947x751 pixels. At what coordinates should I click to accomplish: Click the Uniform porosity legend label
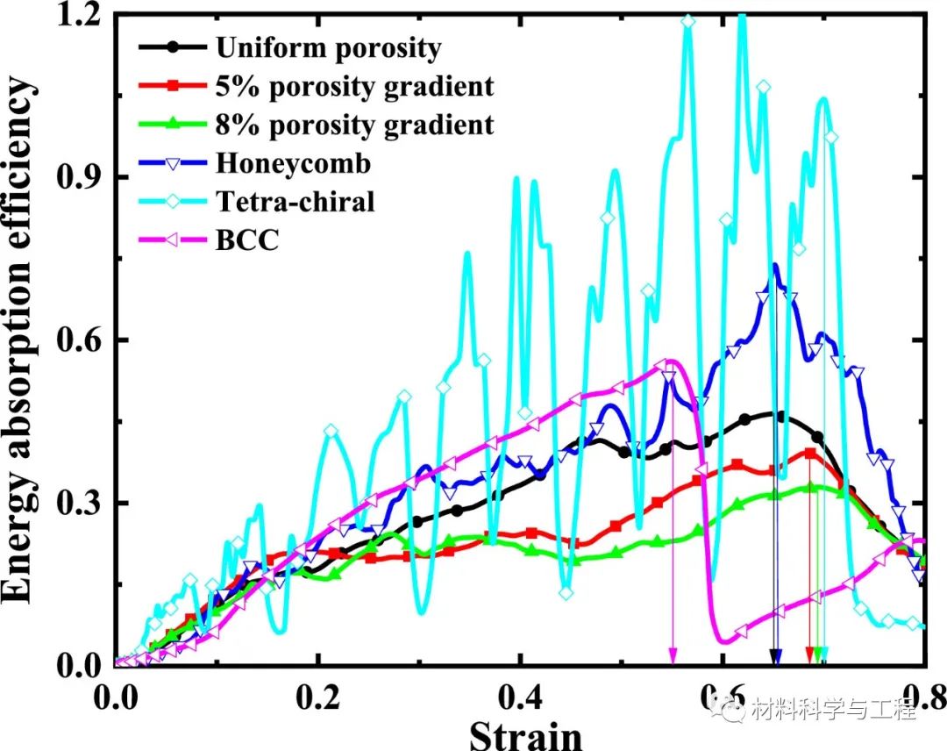(328, 47)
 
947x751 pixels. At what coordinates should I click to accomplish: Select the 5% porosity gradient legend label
(354, 86)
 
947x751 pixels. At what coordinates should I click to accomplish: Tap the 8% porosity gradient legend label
(354, 125)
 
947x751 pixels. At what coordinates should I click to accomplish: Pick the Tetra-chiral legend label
(295, 202)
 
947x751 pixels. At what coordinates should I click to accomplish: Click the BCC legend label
(247, 240)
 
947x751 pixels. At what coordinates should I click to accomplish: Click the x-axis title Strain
(525, 733)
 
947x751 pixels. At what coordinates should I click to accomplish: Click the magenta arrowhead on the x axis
(673, 656)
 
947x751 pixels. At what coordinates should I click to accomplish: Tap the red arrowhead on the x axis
(809, 656)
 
